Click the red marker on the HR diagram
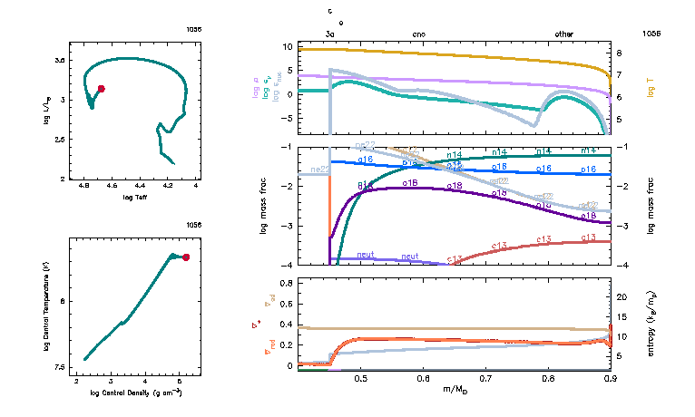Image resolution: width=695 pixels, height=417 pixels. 101,89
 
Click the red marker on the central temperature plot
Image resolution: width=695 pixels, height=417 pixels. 186,257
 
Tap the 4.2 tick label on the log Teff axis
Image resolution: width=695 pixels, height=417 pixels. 169,186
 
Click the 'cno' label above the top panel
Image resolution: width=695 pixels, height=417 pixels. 419,34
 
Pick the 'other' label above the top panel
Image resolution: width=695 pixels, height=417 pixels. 563,34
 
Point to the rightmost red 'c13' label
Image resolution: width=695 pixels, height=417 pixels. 589,238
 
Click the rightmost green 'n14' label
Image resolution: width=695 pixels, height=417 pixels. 589,150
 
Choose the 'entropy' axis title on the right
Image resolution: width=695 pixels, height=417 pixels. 651,325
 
